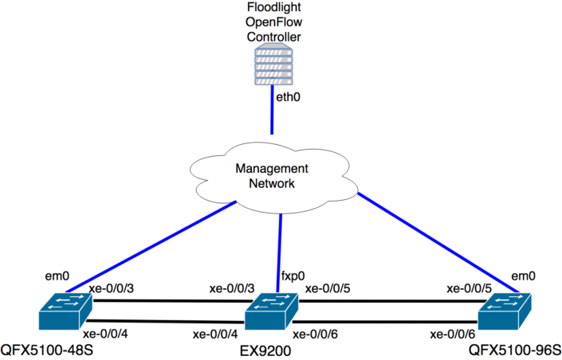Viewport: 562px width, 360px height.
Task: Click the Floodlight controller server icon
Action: pos(272,65)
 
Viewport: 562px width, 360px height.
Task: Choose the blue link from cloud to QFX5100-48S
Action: pos(151,246)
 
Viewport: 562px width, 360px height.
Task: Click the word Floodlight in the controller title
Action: pos(272,7)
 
